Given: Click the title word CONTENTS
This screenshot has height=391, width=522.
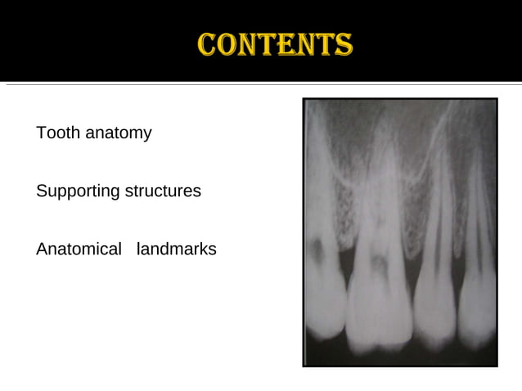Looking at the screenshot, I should pyautogui.click(x=275, y=44).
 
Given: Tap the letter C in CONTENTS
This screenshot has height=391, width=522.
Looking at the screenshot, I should pyautogui.click(x=208, y=44).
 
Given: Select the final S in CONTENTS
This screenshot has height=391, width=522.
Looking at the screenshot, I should pyautogui.click(x=344, y=44).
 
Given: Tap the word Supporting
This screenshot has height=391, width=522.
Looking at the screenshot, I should pyautogui.click(x=78, y=191).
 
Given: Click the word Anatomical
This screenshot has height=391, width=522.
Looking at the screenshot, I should pyautogui.click(x=79, y=249).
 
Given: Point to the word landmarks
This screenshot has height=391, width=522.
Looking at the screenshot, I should pyautogui.click(x=177, y=249).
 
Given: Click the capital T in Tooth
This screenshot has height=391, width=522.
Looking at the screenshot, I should pyautogui.click(x=41, y=133).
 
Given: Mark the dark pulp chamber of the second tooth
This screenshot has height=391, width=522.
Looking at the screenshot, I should pyautogui.click(x=379, y=263).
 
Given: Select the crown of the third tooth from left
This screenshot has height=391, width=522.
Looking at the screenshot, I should pyautogui.click(x=434, y=307).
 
